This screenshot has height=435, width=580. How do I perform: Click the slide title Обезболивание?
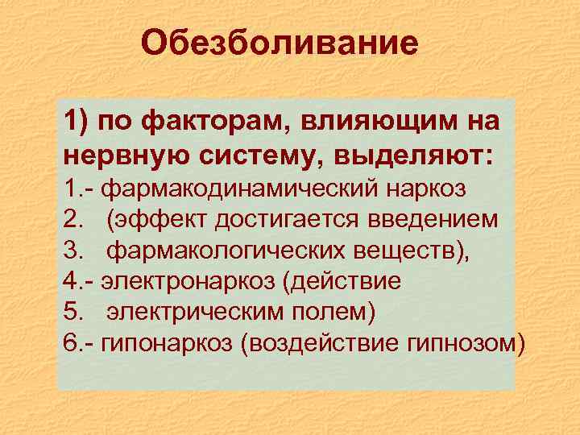[280, 43]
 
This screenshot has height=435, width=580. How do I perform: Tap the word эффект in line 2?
[160, 219]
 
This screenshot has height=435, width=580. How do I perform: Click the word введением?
[436, 219]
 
